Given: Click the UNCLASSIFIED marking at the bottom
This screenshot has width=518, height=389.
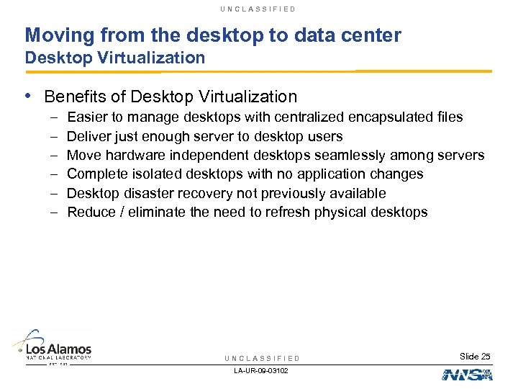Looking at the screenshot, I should point(263,358).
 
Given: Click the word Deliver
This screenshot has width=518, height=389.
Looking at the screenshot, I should point(88,136).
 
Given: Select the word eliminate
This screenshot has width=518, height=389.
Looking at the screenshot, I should point(158,213).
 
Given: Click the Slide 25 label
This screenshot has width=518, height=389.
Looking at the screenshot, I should point(475,357).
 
